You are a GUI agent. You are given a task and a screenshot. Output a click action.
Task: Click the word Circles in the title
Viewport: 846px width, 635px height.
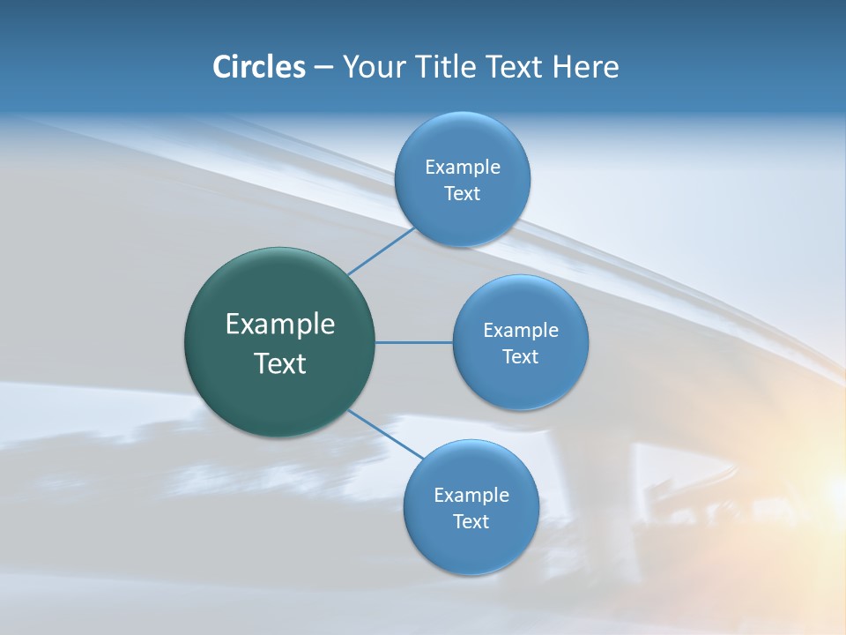coord(259,67)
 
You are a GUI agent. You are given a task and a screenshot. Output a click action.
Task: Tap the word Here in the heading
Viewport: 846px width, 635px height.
coord(585,67)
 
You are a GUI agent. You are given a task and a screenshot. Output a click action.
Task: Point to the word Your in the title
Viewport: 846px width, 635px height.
coord(371,67)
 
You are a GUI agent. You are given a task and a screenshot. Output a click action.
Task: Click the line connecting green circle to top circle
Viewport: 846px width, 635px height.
coord(381,251)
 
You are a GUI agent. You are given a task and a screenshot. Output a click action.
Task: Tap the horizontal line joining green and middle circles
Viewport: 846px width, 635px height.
coord(414,342)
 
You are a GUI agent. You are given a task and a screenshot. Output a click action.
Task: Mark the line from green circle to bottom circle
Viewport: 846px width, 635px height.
coord(385,434)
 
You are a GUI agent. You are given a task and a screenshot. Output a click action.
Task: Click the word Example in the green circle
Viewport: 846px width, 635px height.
coord(280,325)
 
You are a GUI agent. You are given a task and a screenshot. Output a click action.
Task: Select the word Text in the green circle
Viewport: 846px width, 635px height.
coord(280,363)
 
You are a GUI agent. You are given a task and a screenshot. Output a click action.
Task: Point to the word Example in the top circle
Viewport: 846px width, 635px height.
coord(463,167)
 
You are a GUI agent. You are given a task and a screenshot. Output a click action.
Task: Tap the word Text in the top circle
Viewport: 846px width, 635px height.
coord(462,193)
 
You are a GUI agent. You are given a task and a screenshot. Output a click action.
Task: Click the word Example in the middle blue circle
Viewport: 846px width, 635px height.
coord(521,330)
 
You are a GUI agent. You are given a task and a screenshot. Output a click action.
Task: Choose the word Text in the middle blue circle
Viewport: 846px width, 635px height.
coord(520,356)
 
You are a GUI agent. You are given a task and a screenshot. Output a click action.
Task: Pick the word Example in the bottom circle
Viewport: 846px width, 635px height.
coord(471,495)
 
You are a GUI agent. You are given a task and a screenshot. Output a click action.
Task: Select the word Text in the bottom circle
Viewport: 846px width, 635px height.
coord(471,521)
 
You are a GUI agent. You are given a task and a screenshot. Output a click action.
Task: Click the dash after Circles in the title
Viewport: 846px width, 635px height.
coord(323,68)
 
